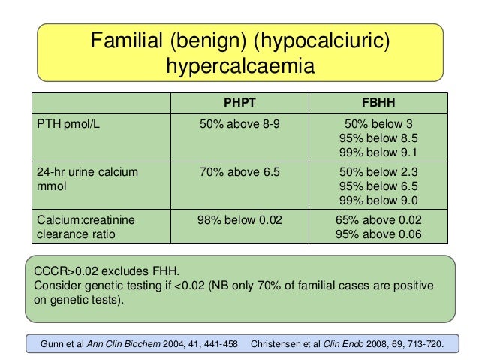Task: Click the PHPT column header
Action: (239, 104)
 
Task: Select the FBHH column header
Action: (378, 104)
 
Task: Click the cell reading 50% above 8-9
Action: (239, 124)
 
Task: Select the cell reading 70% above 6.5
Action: (239, 172)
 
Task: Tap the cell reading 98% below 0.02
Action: (239, 219)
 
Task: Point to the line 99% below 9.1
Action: (379, 152)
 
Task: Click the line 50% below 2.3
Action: (379, 172)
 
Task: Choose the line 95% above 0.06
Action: (379, 234)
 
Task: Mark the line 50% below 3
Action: (379, 124)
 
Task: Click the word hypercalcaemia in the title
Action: (239, 67)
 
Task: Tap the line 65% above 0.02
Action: (379, 219)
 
